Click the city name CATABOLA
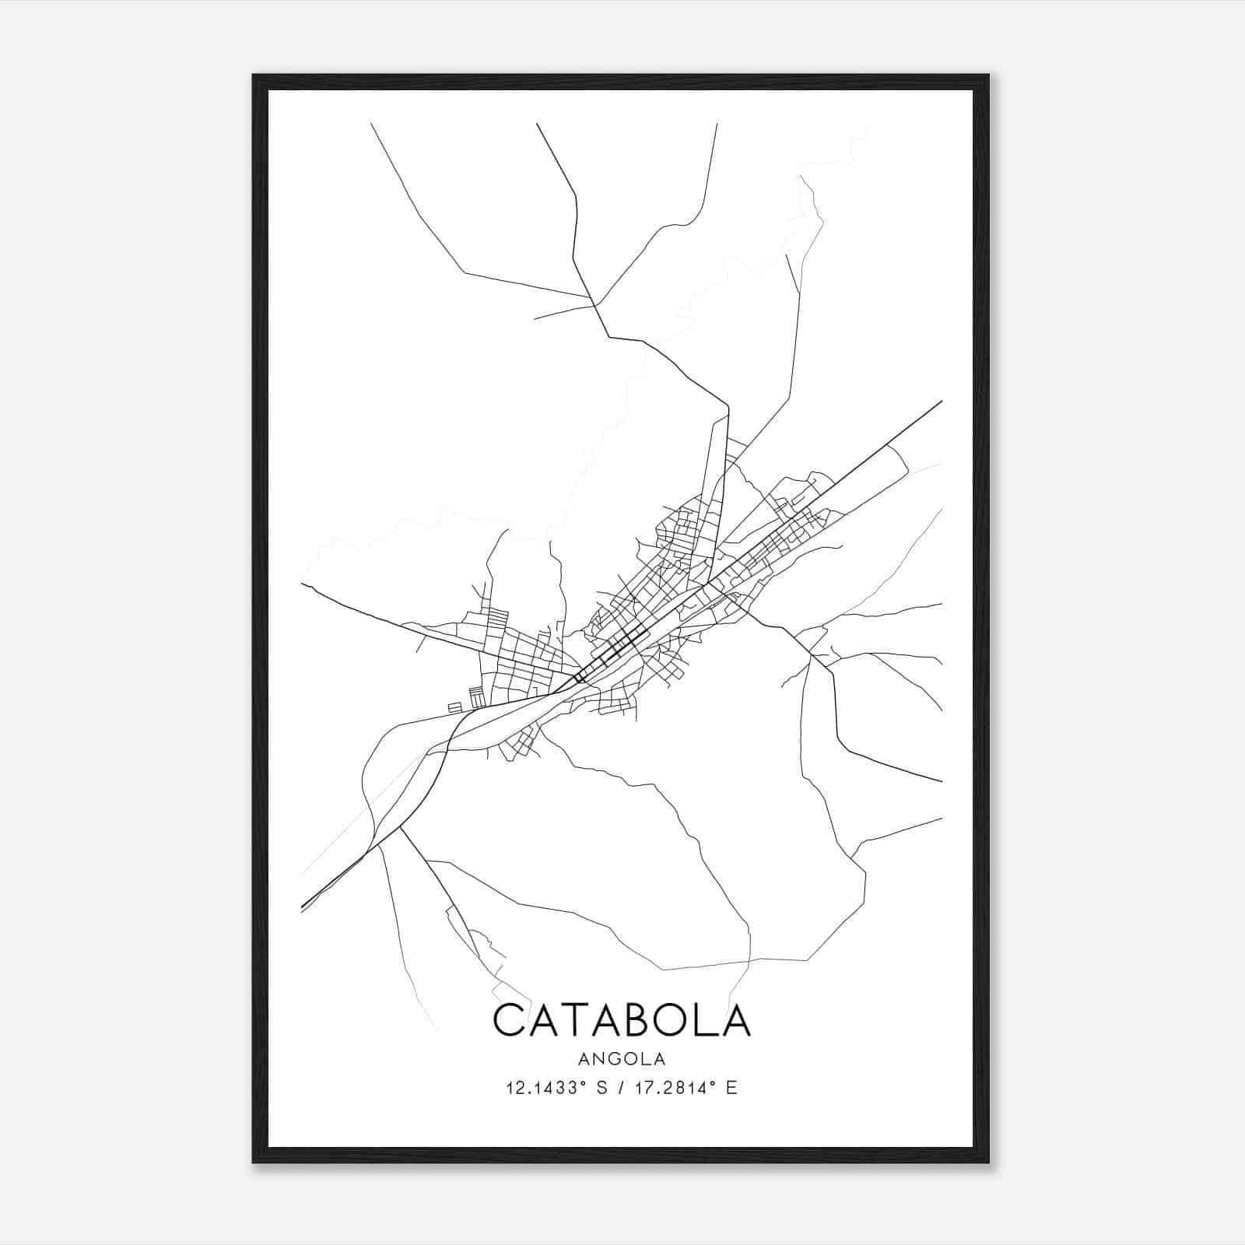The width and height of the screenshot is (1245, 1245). tap(622, 1020)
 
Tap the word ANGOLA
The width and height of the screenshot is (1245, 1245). tap(622, 1059)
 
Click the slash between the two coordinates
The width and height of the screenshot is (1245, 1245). tap(622, 1088)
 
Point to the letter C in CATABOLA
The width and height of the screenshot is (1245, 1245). tap(510, 1020)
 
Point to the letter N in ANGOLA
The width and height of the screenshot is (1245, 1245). tap(598, 1059)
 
